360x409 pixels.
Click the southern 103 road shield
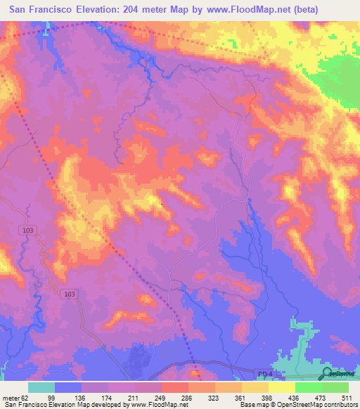[68, 294]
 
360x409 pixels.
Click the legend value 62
[25, 398]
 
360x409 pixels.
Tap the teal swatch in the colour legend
[41, 387]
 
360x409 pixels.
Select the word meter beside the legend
[10, 398]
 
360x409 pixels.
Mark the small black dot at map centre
[161, 205]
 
